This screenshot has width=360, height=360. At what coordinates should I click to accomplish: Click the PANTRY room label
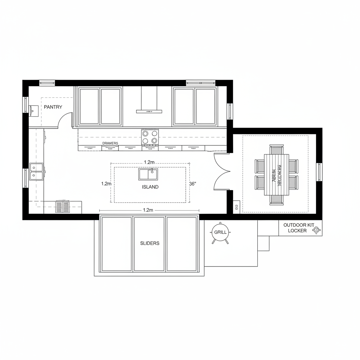tap(53, 107)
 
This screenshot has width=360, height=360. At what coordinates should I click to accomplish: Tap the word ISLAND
tap(150, 187)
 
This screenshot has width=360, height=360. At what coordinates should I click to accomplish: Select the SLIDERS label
tap(149, 243)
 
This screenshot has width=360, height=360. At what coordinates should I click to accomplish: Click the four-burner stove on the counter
tap(149, 137)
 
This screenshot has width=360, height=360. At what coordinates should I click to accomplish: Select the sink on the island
tap(148, 174)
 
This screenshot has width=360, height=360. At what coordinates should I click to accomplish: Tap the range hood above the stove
tap(149, 111)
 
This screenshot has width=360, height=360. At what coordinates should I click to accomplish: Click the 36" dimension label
tap(192, 184)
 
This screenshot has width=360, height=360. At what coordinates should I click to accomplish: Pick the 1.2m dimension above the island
tap(149, 162)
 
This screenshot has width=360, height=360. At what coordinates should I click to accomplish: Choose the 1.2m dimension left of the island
tap(106, 184)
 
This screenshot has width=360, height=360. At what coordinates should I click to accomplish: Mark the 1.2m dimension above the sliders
tap(148, 210)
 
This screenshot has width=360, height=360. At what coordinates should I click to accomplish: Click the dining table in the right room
tap(276, 175)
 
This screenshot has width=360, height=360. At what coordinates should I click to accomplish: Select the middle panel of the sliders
tap(149, 244)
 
